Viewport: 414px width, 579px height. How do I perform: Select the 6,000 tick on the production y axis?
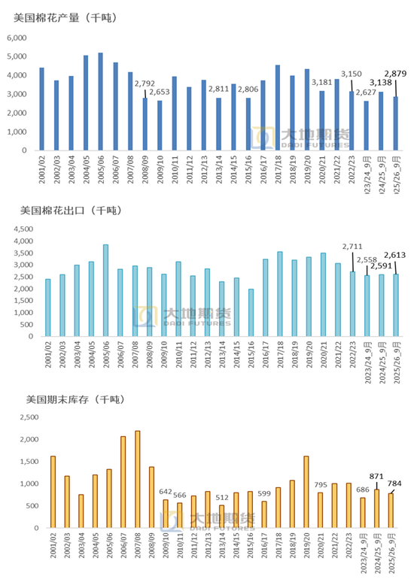(17, 38)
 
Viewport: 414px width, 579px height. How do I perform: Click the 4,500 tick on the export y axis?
(22, 229)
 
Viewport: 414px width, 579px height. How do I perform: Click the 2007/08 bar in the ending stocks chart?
(137, 479)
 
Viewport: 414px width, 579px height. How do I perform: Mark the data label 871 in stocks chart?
(376, 476)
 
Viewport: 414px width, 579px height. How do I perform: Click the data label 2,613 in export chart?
(397, 255)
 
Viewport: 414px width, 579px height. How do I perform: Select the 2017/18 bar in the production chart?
(278, 108)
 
